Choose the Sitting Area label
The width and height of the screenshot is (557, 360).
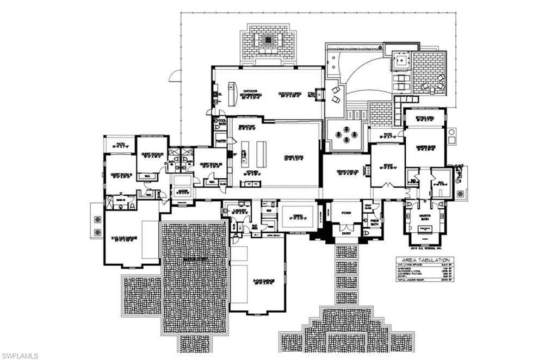pos(424,116)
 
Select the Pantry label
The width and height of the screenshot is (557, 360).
pos(221,141)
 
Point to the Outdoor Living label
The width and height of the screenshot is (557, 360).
pos(288,94)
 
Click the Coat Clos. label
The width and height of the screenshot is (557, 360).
pos(368,206)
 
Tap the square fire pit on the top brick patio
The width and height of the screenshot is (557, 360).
pos(268,40)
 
